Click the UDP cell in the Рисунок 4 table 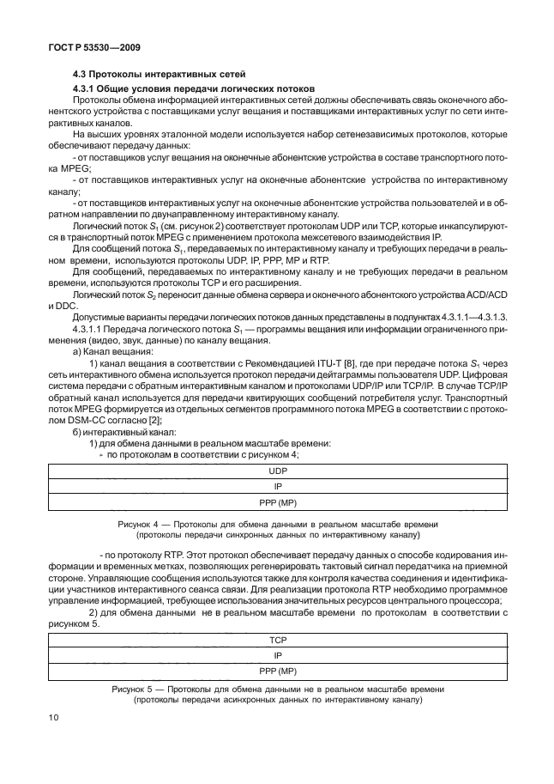pyautogui.click(x=277, y=471)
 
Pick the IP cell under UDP pyautogui.click(x=277, y=486)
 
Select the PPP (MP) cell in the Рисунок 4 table pyautogui.click(x=277, y=501)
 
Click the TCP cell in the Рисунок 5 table pyautogui.click(x=277, y=640)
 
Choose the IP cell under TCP pyautogui.click(x=277, y=654)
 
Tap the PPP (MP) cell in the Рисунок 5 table pyautogui.click(x=277, y=670)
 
